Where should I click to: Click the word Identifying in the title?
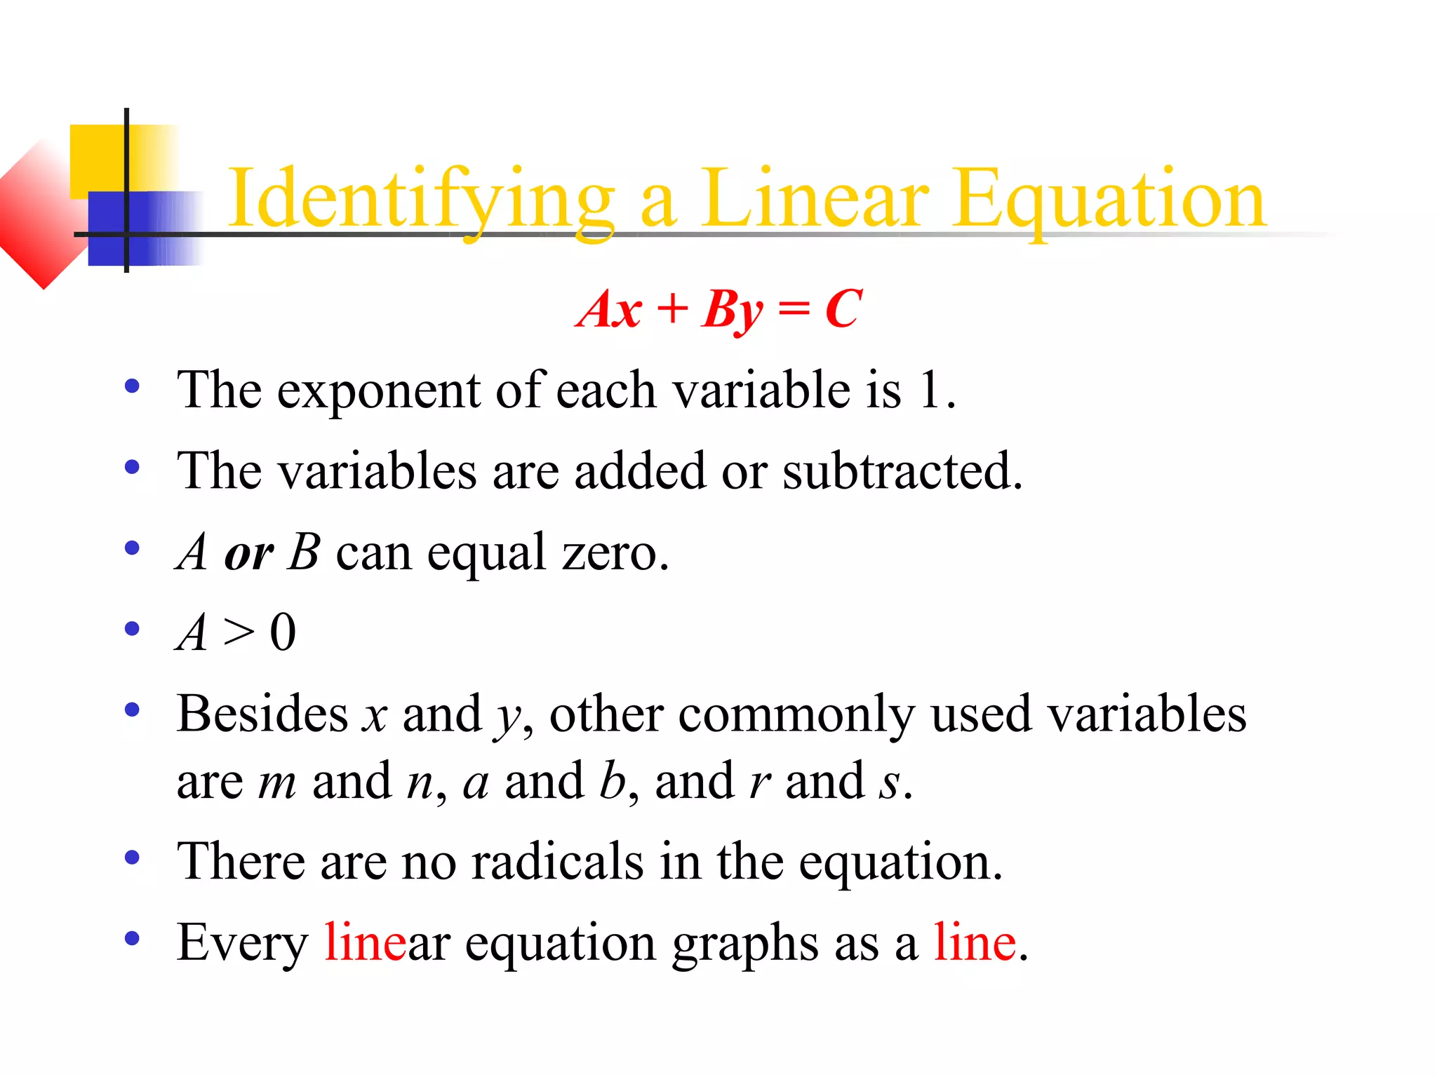[x=421, y=200]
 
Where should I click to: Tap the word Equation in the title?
[x=1109, y=200]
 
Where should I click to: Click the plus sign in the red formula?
[x=672, y=309]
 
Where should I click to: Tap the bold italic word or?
[x=248, y=554]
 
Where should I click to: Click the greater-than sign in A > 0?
[x=239, y=633]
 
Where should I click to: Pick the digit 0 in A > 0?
[x=283, y=633]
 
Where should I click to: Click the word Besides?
[x=262, y=714]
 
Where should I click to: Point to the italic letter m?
[x=277, y=783]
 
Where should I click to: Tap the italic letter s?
[x=890, y=783]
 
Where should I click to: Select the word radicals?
[x=557, y=862]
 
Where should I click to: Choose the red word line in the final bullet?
[x=975, y=943]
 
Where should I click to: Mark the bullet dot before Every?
[x=132, y=938]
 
